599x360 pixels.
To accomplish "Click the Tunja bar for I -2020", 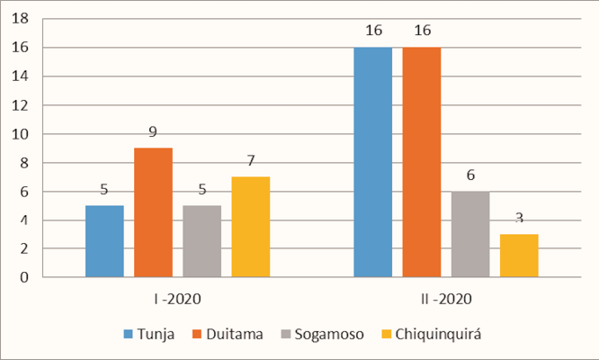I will tap(104, 241).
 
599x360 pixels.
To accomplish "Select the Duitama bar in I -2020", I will tap(153, 212).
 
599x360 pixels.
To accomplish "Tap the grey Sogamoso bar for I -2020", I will tap(201, 241).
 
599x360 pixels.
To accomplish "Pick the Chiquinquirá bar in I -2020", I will tap(250, 227).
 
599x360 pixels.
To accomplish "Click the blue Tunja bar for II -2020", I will tap(372, 162).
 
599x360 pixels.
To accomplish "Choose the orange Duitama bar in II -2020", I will tap(422, 162).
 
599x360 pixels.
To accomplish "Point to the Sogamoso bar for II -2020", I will tap(470, 234).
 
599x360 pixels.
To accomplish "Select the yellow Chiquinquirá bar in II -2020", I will tap(519, 256).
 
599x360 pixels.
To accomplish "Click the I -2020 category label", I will tap(176, 298).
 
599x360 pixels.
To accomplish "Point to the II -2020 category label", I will tap(445, 298).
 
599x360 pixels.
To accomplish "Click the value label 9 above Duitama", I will tap(153, 131).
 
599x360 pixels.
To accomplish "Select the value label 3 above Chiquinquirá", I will tap(519, 218).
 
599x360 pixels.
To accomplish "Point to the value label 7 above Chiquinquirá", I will tap(250, 160).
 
